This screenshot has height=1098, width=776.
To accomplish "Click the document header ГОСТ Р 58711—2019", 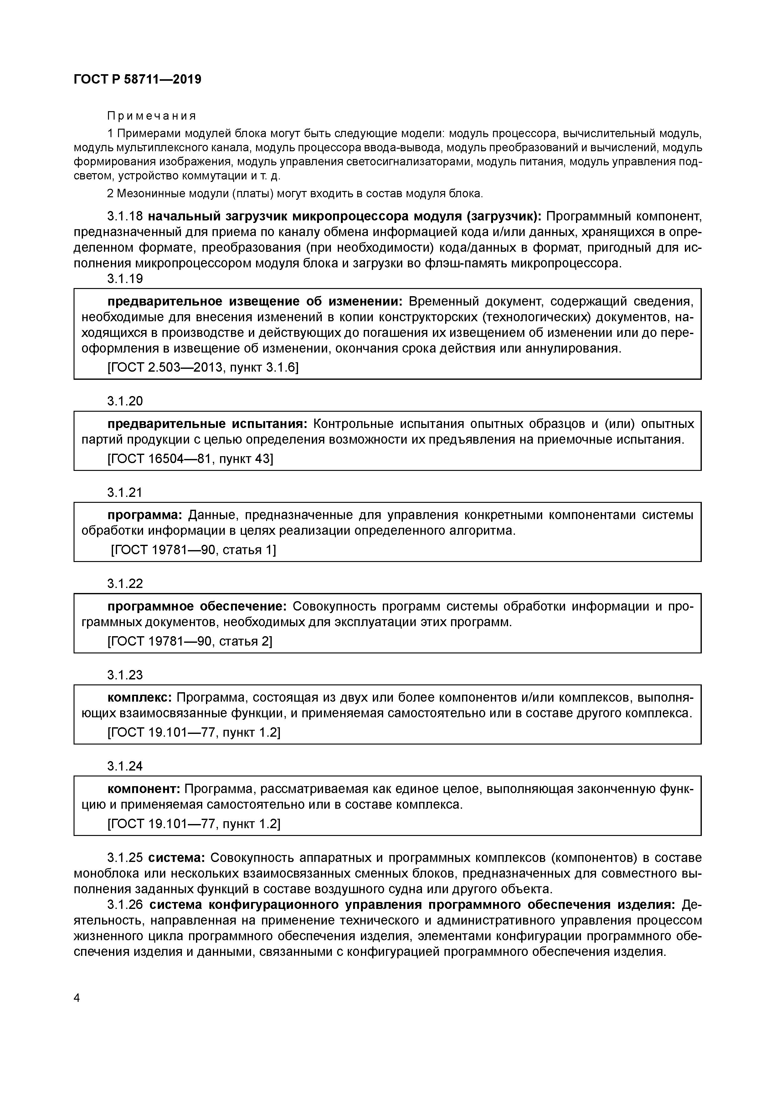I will coord(138,80).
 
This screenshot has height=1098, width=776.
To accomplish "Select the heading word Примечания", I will coord(152,116).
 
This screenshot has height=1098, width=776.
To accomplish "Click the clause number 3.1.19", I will coord(125,279).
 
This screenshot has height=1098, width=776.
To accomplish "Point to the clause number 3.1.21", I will coord(125,492).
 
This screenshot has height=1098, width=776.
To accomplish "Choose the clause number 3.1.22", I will coord(125,584).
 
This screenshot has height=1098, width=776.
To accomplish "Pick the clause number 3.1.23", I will coord(125,675).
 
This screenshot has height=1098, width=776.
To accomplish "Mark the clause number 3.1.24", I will coord(125,766).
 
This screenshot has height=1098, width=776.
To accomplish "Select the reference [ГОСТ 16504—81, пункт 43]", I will coord(190,459).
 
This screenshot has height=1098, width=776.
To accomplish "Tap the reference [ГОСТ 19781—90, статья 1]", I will coord(194,550).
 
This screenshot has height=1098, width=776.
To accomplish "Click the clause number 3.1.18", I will coord(125,217).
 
